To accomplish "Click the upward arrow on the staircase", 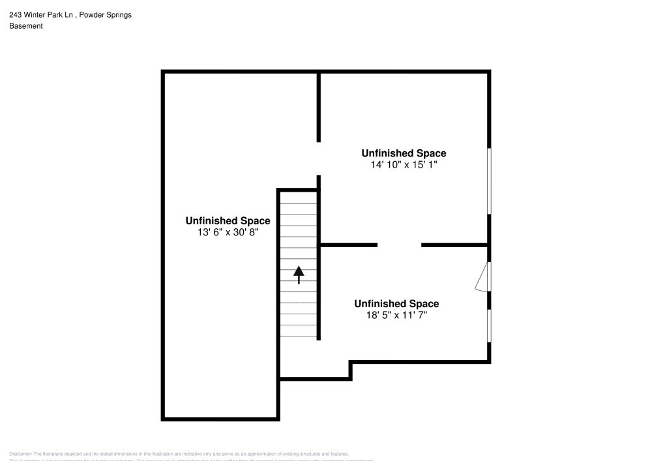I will [299, 275].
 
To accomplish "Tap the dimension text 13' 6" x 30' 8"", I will [228, 232].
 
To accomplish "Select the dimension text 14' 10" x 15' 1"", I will [404, 165].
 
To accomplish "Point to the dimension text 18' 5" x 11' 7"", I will [396, 315].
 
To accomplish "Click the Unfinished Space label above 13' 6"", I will [228, 220].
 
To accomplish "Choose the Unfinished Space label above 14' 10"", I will [404, 153].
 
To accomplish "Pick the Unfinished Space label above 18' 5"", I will [396, 304].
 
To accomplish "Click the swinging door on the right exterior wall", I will [483, 277].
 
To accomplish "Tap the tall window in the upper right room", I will [489, 181].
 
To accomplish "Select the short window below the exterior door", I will [489, 325].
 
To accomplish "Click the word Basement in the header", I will [26, 26].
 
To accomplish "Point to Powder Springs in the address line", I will [110, 15].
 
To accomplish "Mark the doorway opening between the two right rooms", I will [400, 245].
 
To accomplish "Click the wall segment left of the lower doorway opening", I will [349, 245].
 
